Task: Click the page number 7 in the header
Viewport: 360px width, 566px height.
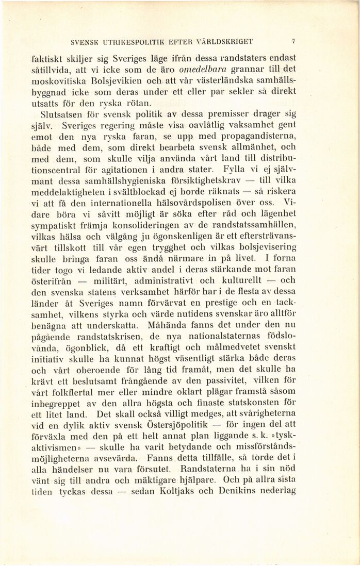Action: (x=293, y=42)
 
